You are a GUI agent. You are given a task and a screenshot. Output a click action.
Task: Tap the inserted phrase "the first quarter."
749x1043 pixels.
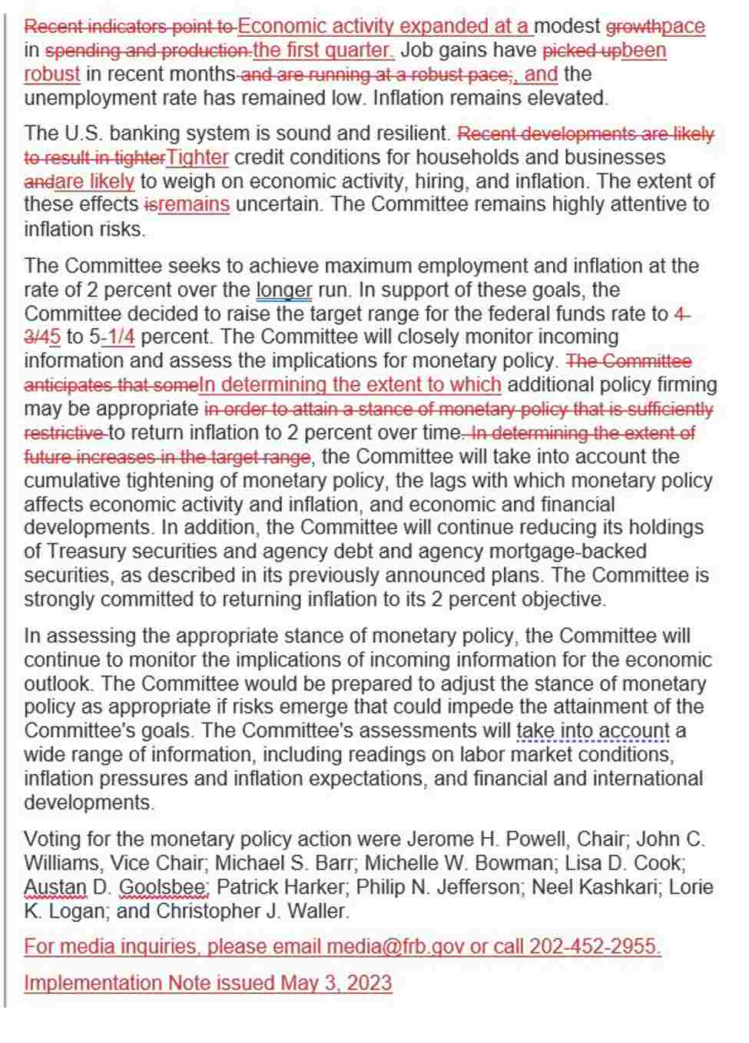coord(323,51)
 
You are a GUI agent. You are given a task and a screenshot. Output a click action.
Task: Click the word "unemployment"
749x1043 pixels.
coord(88,98)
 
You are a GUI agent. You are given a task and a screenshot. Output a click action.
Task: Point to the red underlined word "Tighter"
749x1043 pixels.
coord(197,157)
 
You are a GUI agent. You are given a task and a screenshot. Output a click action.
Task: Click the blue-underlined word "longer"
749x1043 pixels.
coord(283,290)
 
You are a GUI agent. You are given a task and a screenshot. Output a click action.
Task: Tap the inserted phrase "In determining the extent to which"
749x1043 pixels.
coord(350,385)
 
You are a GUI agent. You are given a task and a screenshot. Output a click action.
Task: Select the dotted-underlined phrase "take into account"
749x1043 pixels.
coord(593,731)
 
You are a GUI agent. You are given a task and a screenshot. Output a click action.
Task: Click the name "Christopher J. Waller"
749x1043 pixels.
coord(252,912)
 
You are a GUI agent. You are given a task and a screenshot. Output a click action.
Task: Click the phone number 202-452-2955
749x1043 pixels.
coord(595,947)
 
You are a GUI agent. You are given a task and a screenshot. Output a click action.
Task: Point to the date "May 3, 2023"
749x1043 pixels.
coord(336,983)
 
